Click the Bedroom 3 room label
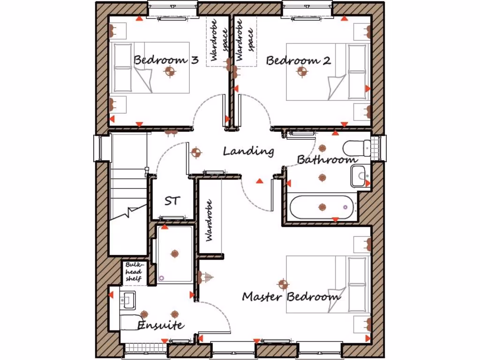(x=166, y=60)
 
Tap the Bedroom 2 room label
(x=298, y=60)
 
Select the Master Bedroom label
(x=291, y=297)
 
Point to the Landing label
(x=248, y=151)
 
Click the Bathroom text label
(x=327, y=160)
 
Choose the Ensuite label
(x=161, y=325)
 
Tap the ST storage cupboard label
(x=172, y=201)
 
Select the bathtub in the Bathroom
(x=322, y=207)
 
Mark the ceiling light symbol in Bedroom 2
(x=302, y=71)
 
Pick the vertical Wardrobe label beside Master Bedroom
(x=209, y=220)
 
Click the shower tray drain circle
(x=162, y=278)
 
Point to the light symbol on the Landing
(x=196, y=152)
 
